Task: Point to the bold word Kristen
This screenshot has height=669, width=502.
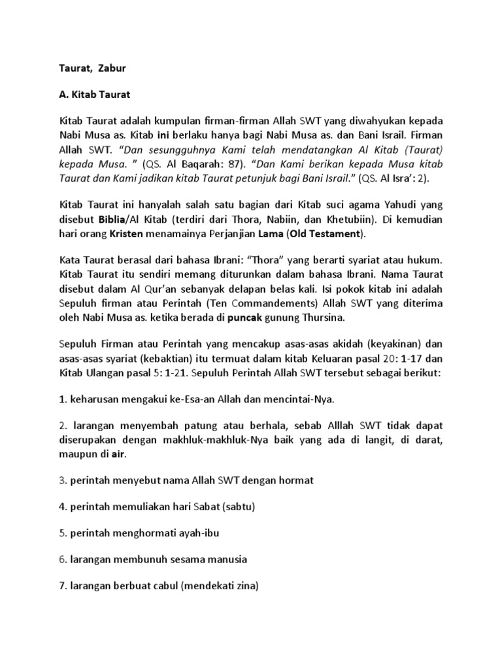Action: [126, 233]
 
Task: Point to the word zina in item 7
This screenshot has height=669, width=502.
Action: [245, 586]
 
